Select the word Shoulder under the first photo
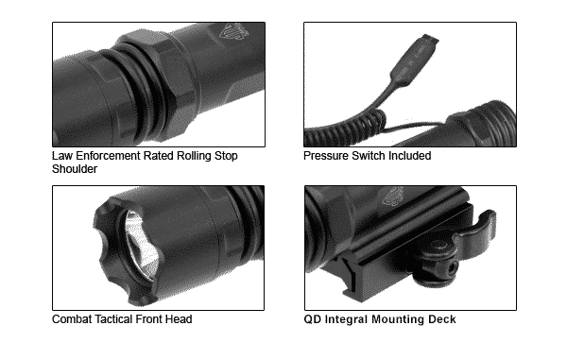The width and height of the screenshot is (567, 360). point(75,169)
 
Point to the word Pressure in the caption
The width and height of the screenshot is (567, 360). point(326,156)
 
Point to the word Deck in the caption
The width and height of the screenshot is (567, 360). point(442,319)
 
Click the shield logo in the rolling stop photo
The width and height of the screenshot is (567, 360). point(234,31)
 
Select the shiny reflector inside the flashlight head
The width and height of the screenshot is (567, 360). point(142,245)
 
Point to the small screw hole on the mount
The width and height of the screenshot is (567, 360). point(453,267)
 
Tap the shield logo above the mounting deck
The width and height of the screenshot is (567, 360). point(393,197)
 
